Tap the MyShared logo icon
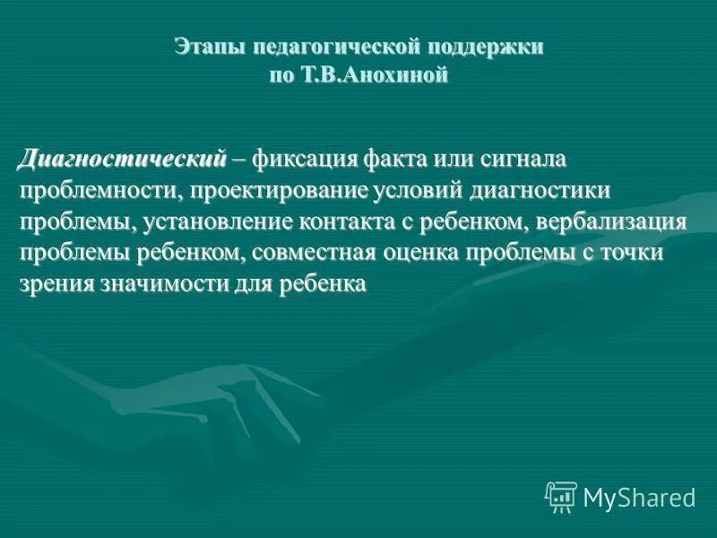(x=560, y=496)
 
